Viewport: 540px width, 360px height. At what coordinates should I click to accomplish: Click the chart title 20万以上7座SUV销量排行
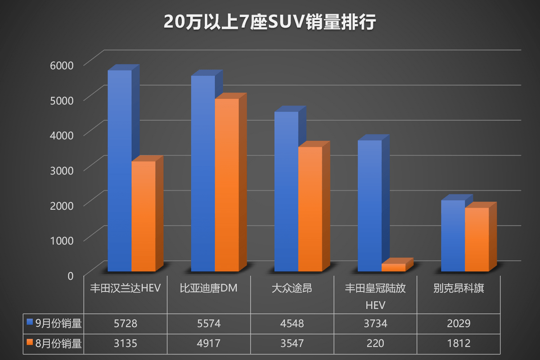pos(270,22)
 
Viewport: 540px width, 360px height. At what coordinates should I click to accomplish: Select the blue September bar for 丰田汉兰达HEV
pos(119,171)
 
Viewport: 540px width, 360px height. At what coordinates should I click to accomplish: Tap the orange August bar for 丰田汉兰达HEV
pos(143,216)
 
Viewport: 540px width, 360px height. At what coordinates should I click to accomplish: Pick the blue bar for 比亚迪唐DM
pos(202,173)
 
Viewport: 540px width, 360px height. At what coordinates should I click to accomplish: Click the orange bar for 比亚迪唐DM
pos(226,184)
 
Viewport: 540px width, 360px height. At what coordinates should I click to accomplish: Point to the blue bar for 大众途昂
pos(286,191)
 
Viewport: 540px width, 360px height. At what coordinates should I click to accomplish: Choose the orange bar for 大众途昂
pos(310,209)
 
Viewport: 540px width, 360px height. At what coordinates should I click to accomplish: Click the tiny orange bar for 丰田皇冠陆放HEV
pos(393,267)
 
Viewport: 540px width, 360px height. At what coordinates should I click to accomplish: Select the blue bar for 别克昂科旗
pos(453,236)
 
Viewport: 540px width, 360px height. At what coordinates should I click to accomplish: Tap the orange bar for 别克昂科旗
pos(477,239)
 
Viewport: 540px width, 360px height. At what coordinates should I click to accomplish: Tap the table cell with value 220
pos(375,344)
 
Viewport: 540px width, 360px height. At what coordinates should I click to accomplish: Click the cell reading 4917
pos(208,344)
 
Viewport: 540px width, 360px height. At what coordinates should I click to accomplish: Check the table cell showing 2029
pos(459,324)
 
